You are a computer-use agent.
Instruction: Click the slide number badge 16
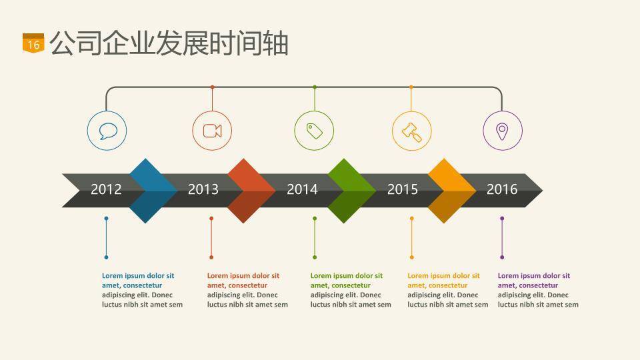[33, 43]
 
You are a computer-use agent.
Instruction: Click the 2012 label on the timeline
[106, 189]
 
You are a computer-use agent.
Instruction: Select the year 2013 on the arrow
[203, 189]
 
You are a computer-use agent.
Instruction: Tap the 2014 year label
[302, 189]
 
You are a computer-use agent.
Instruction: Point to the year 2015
[403, 189]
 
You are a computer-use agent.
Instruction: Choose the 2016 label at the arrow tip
[501, 189]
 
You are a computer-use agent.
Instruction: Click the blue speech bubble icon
[107, 131]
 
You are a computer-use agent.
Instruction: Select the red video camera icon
[212, 131]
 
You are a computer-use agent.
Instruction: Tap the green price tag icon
[315, 131]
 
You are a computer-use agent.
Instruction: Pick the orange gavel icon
[411, 131]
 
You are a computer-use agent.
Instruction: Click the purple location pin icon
[502, 131]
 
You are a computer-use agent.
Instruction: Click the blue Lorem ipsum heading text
[137, 280]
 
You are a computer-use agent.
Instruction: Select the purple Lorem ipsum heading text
[533, 280]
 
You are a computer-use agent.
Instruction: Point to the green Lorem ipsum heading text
[346, 280]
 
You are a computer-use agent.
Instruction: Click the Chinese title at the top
[169, 43]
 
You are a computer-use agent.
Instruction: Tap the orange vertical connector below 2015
[411, 237]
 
